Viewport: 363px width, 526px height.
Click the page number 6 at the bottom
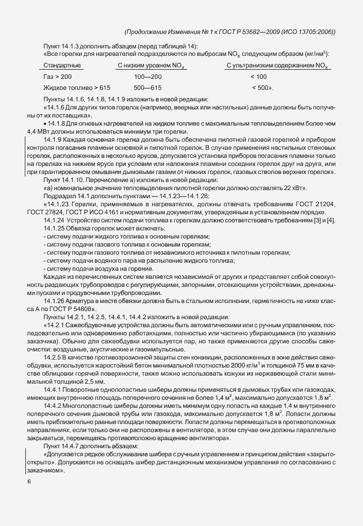[x=29, y=482]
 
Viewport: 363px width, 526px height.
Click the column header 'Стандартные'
[x=61, y=66]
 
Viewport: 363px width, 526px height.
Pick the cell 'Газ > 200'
[x=58, y=77]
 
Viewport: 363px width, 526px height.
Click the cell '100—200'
[x=148, y=77]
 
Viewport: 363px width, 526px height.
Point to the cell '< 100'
[x=258, y=77]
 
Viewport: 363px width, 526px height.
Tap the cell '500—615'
[x=148, y=88]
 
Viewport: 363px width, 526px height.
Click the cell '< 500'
[x=261, y=88]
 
